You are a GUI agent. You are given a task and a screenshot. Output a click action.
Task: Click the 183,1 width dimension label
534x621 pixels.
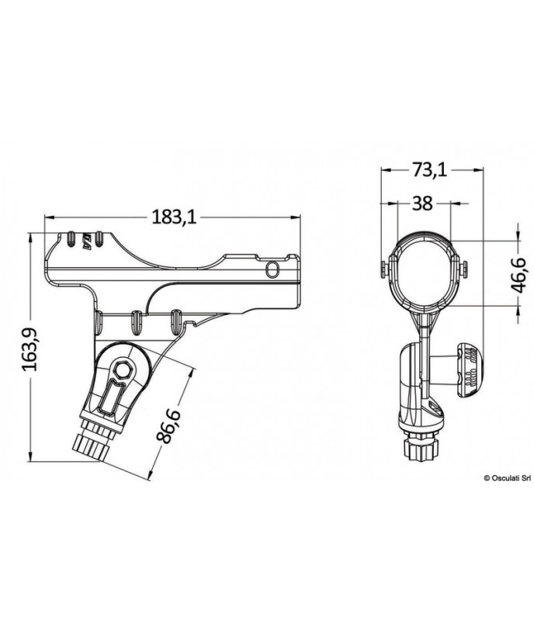[x=175, y=218]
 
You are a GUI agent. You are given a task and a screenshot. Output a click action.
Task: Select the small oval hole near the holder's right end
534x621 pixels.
[x=271, y=269]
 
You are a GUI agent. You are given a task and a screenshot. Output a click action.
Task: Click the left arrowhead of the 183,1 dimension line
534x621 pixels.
[x=47, y=217]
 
